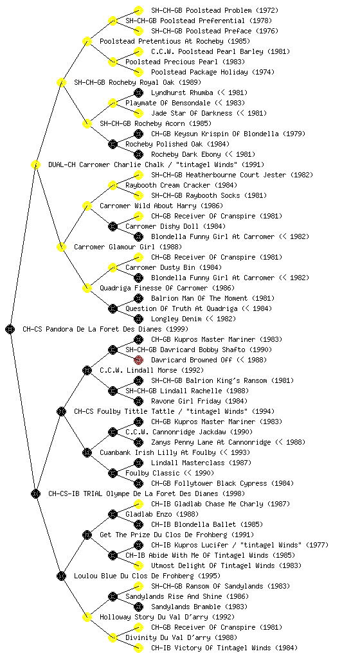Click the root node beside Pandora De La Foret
[x=10, y=329]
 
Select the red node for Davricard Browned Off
[x=138, y=360]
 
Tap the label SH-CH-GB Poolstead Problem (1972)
[x=215, y=10]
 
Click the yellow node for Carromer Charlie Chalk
[x=35, y=164]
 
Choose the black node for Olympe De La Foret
[x=35, y=493]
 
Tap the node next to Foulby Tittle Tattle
[x=61, y=411]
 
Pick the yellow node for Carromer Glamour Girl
[x=61, y=247]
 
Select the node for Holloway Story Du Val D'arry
[x=87, y=617]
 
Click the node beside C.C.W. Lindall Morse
[x=87, y=370]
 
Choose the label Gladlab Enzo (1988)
[x=162, y=514]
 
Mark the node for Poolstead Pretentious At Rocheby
[x=87, y=41]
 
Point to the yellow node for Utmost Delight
[x=138, y=565]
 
